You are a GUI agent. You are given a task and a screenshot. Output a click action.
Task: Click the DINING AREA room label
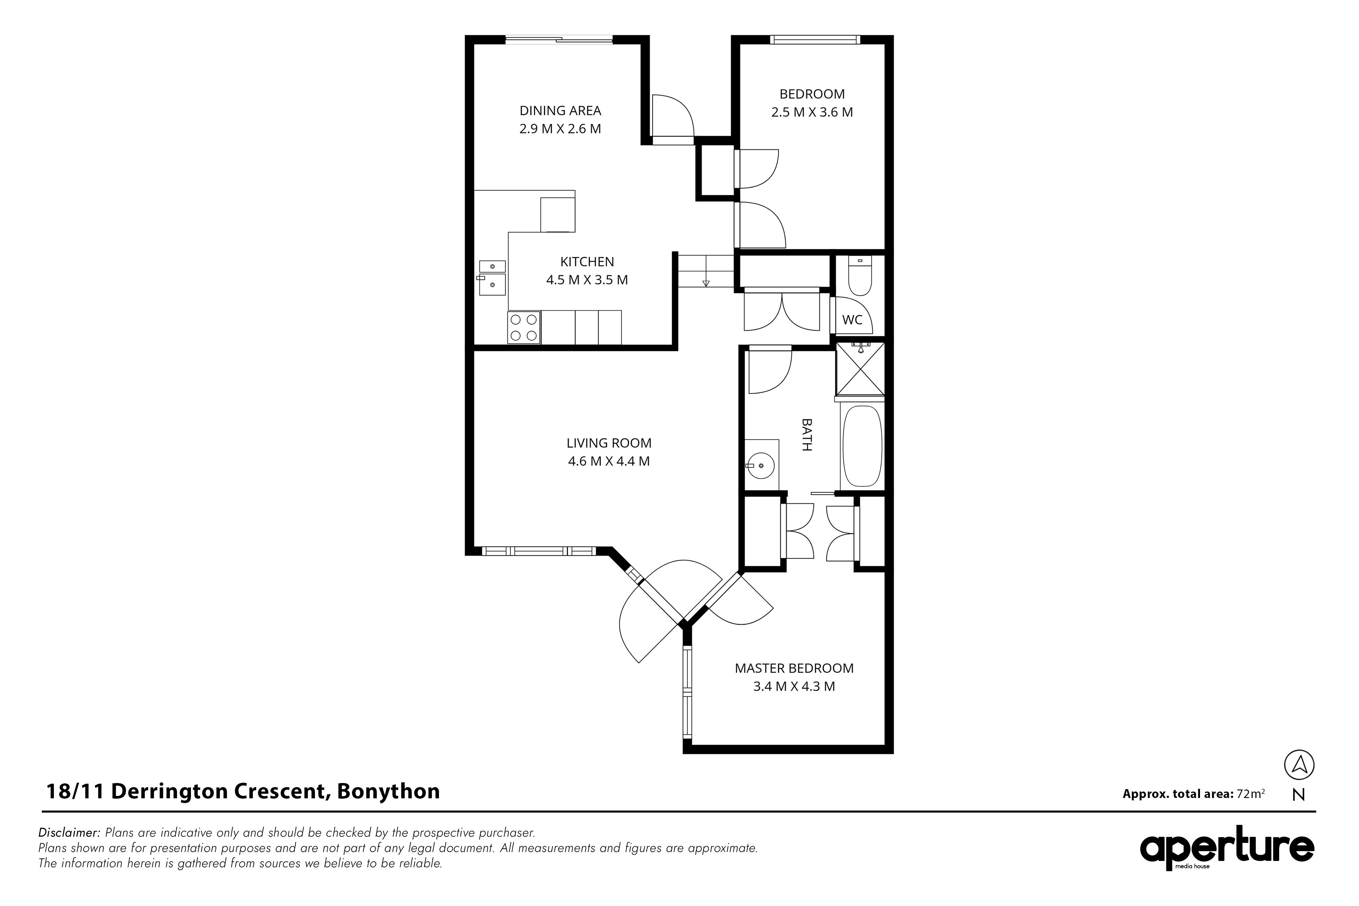pos(561,110)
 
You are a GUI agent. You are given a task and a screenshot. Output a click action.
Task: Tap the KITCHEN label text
pos(587,262)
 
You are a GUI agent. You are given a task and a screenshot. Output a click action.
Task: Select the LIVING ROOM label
pos(609,443)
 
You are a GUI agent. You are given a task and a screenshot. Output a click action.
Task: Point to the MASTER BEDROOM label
pos(794,669)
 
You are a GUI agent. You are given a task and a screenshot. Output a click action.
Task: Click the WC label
pos(852,320)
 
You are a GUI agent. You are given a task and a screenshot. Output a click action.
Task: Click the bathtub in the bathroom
pos(862,446)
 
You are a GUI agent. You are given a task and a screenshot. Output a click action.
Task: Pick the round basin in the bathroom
pos(761,465)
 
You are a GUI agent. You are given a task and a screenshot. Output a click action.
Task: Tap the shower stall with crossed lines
pos(860,368)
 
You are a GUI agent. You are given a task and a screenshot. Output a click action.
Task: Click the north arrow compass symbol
pos(1299,765)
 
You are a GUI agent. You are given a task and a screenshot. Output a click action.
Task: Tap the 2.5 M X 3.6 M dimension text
pos(812,112)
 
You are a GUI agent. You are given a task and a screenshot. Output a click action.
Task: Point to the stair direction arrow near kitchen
pos(706,283)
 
